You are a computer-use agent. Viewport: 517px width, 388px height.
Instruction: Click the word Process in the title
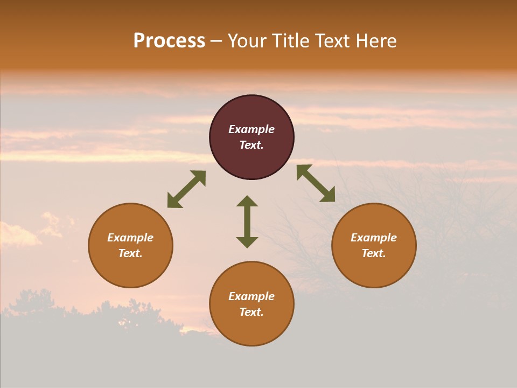pyautogui.click(x=169, y=41)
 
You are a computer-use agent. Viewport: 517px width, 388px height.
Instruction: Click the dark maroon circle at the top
pyautogui.click(x=251, y=113)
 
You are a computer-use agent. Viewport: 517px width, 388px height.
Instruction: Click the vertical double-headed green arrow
pyautogui.click(x=247, y=221)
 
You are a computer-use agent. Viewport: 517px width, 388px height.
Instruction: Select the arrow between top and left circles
pyautogui.click(x=186, y=189)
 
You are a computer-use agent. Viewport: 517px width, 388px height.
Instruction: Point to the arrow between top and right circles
pyautogui.click(x=316, y=183)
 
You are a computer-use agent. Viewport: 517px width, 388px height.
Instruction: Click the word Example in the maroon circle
pyautogui.click(x=251, y=129)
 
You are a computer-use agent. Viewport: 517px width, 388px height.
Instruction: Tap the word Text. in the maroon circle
pyautogui.click(x=251, y=145)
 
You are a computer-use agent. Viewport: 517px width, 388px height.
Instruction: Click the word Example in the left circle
pyautogui.click(x=130, y=238)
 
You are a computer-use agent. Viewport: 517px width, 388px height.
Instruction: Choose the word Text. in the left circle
pyautogui.click(x=130, y=253)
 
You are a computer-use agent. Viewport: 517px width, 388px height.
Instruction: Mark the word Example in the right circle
pyautogui.click(x=374, y=238)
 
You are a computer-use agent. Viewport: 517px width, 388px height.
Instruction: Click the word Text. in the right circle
pyautogui.click(x=374, y=253)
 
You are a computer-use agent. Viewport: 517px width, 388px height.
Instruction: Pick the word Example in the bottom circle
pyautogui.click(x=251, y=296)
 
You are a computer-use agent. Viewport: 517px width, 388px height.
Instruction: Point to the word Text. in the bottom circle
pyautogui.click(x=251, y=312)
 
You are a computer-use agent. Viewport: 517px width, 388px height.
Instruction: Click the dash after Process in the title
pyautogui.click(x=216, y=41)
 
